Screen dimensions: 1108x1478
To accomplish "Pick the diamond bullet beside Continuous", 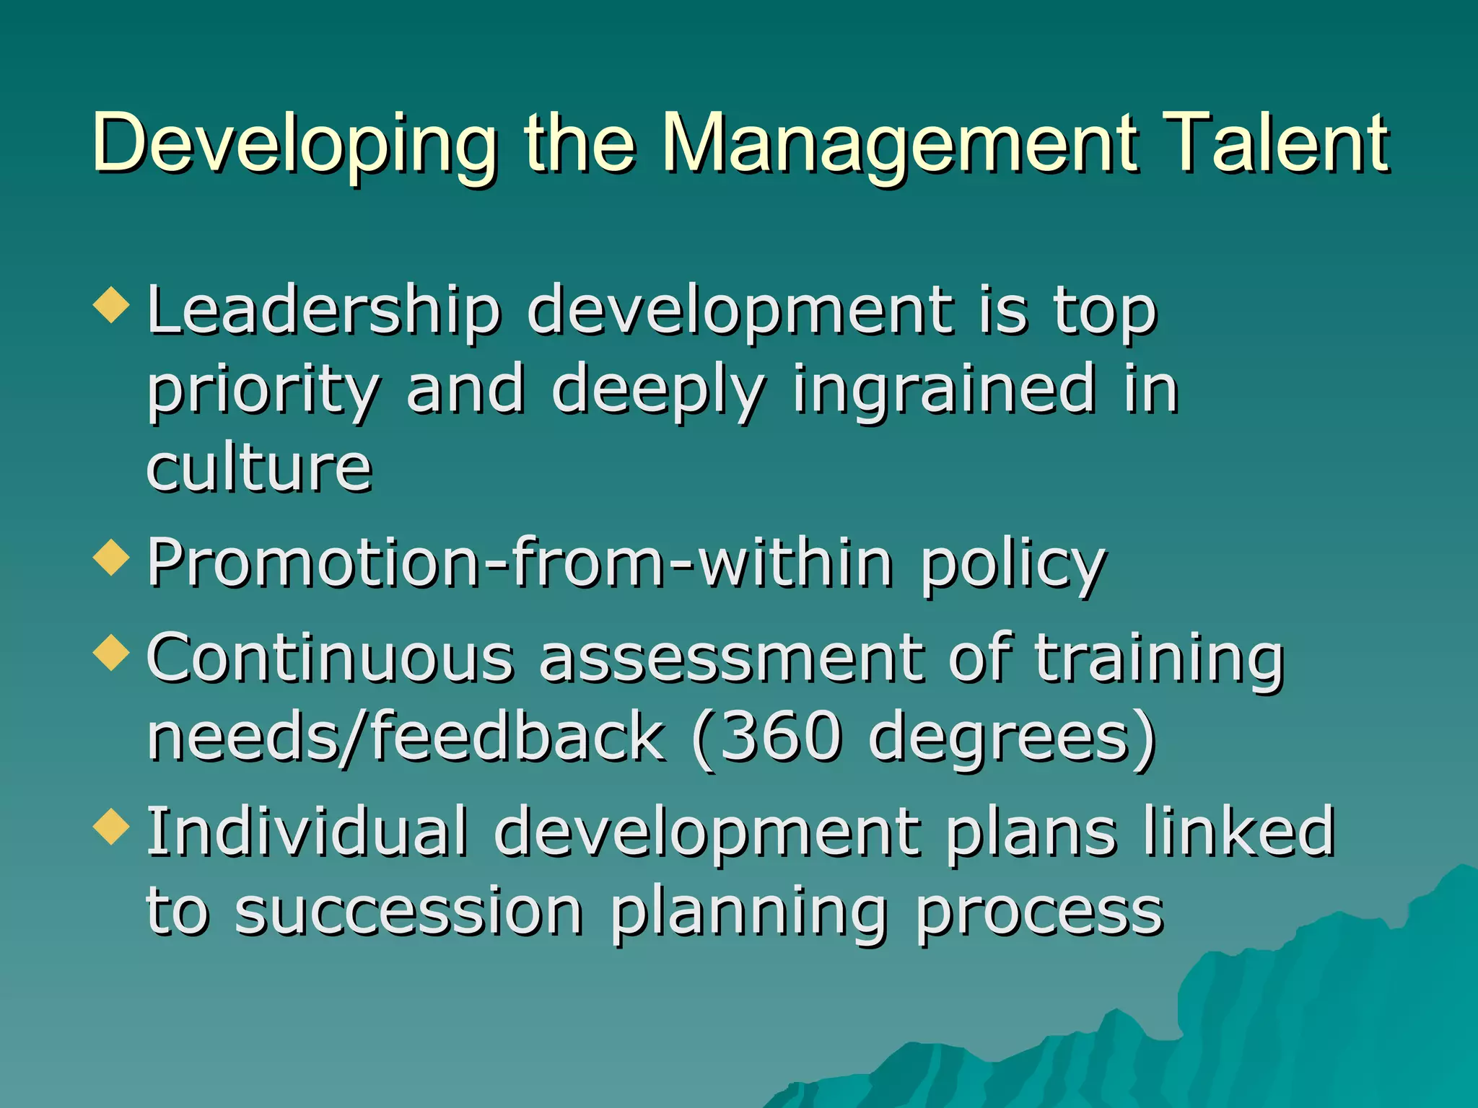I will pyautogui.click(x=112, y=652).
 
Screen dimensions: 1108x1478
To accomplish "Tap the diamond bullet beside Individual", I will pyautogui.click(x=112, y=825).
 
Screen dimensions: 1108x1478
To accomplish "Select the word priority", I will pyautogui.click(x=263, y=391).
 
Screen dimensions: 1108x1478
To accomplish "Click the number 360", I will pyautogui.click(x=781, y=737).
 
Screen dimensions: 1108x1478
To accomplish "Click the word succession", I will pyautogui.click(x=408, y=912).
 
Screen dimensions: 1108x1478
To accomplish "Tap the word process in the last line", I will pyautogui.click(x=1039, y=913).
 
